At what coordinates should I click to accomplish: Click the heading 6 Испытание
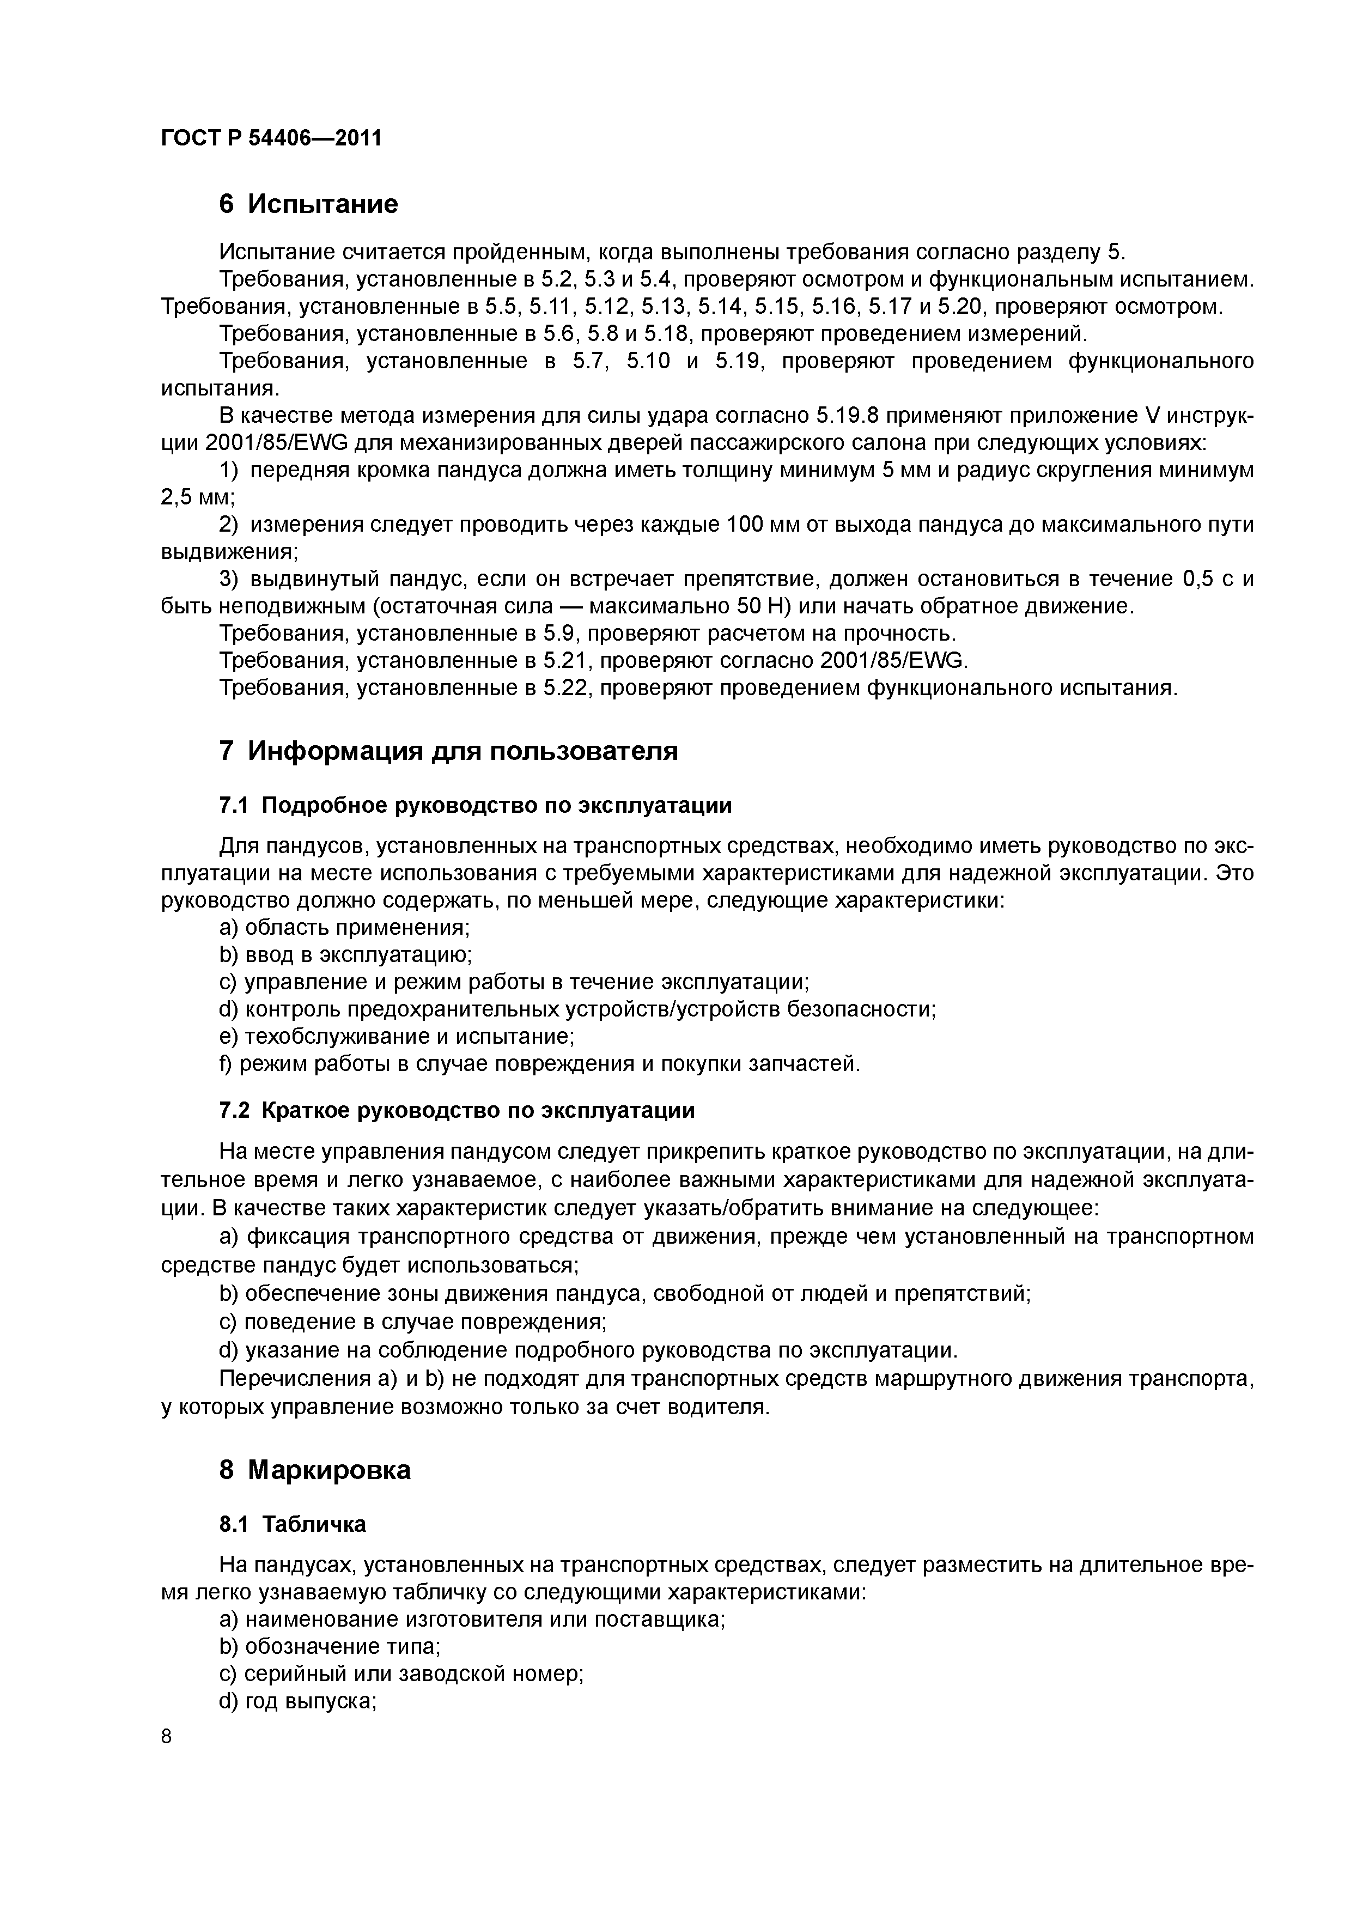coord(308,204)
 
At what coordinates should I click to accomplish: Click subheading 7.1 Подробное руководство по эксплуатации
coord(476,806)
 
